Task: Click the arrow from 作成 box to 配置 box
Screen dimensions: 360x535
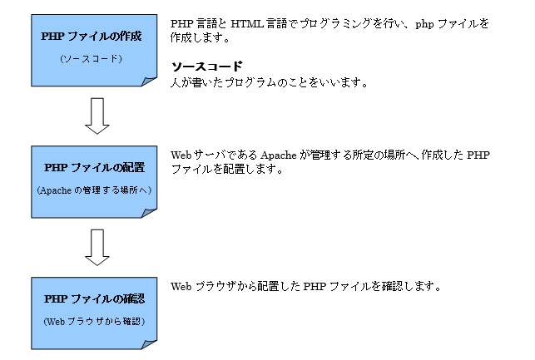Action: coord(97,116)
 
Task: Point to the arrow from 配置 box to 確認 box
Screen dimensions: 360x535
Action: coord(97,246)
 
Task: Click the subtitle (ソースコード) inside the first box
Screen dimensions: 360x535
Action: coord(92,59)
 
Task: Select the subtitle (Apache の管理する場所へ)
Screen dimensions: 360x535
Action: coord(93,190)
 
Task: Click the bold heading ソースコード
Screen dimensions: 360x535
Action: coord(206,67)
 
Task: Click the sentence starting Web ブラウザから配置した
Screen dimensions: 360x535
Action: coord(304,286)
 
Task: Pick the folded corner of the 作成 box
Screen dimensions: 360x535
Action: coord(149,80)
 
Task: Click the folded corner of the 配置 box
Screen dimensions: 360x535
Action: coord(149,212)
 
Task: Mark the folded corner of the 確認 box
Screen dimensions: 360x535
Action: coord(149,342)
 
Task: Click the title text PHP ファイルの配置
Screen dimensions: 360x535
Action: coord(94,168)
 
